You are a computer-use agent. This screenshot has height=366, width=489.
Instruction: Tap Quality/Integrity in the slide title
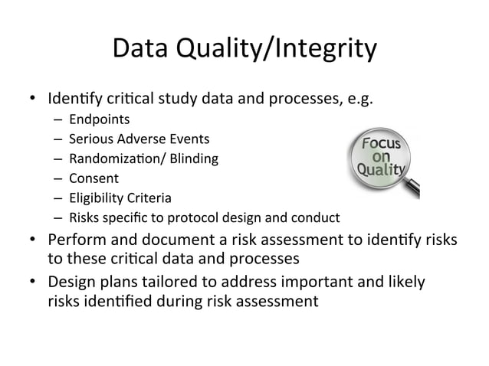tap(281, 51)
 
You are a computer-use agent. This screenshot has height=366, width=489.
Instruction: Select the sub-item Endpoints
tap(99, 119)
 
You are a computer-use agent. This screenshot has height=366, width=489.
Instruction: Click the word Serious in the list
tap(90, 139)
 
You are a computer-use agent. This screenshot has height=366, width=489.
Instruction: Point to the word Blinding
tap(194, 159)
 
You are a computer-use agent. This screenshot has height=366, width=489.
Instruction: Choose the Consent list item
tap(94, 179)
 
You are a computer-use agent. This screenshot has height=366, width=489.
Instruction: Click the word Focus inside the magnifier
tap(385, 142)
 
